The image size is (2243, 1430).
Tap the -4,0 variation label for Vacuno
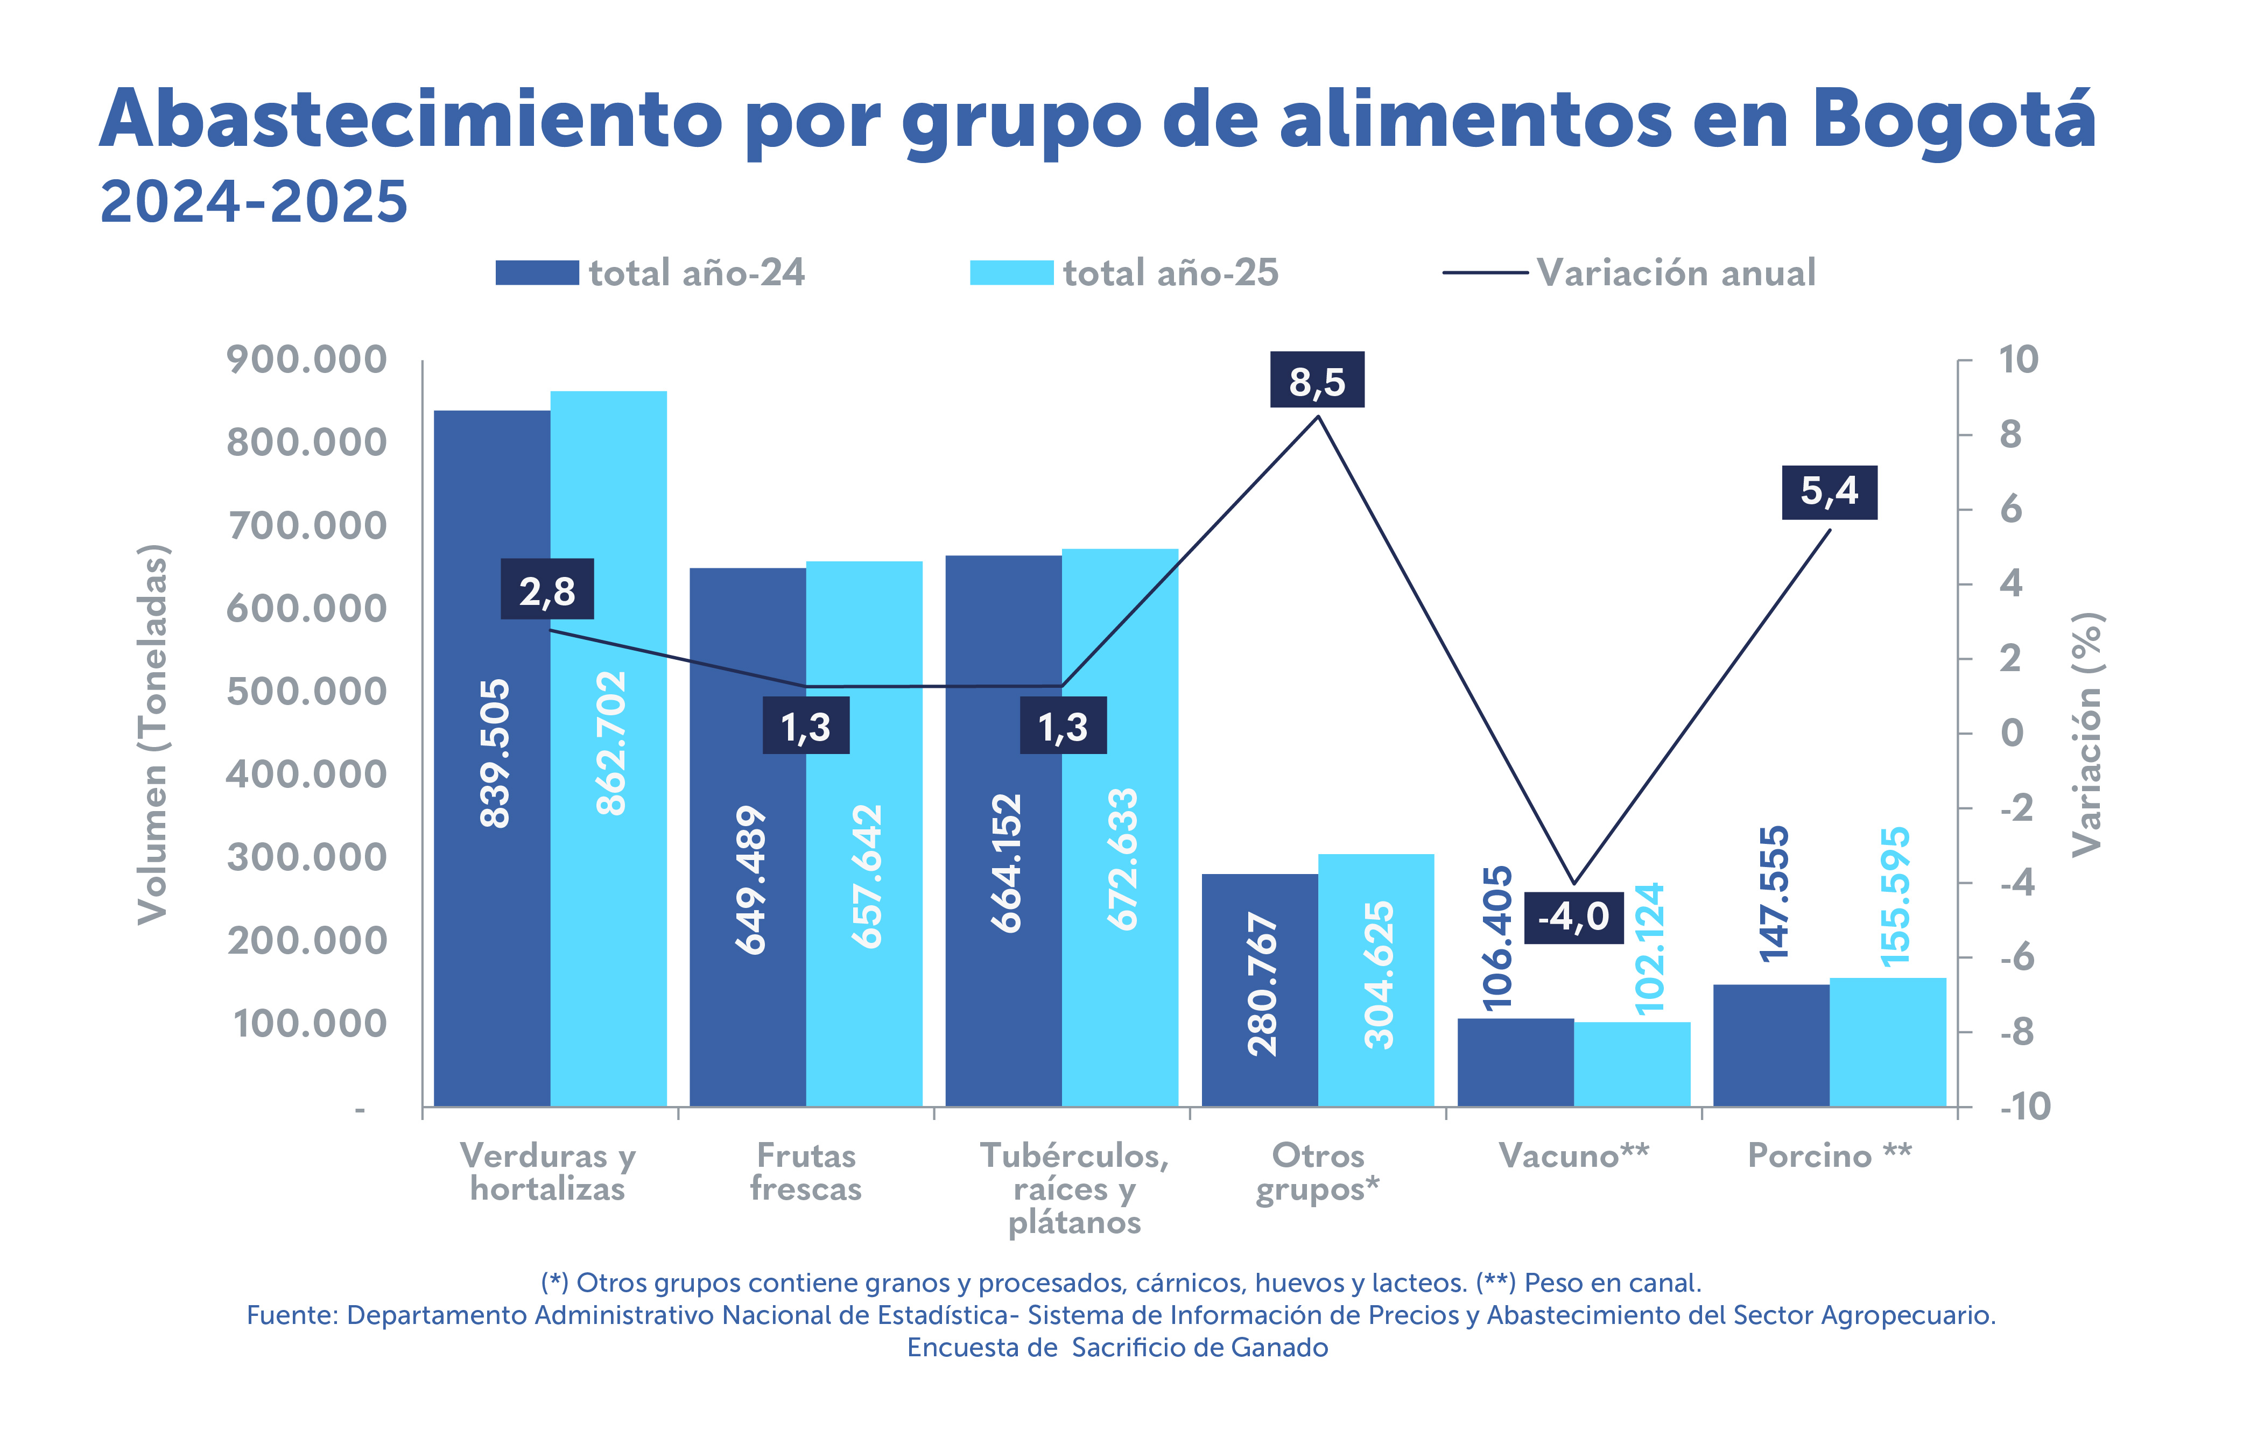coord(1573,917)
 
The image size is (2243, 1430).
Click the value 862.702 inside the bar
coord(611,743)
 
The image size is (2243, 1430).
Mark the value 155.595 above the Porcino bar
coord(1895,896)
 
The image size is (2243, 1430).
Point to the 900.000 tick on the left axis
coord(306,360)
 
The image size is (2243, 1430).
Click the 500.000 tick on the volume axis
coord(306,691)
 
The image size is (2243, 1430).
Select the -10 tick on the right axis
coord(2024,1107)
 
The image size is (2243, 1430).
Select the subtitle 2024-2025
coord(254,202)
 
